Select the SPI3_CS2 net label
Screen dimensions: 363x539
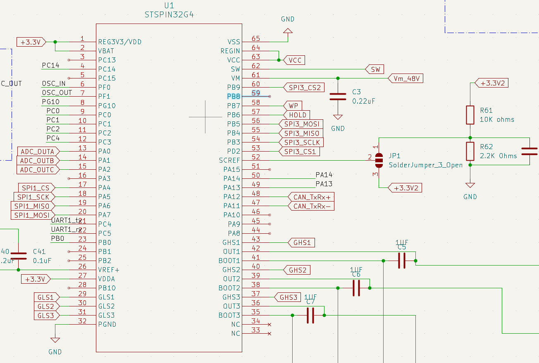click(x=304, y=87)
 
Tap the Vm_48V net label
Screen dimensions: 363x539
click(x=405, y=78)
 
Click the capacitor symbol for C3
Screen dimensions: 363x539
click(x=338, y=97)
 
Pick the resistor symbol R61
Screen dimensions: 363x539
click(x=470, y=115)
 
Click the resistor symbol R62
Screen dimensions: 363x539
click(x=470, y=151)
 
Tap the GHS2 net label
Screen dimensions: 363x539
click(x=297, y=270)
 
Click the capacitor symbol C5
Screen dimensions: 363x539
click(x=401, y=261)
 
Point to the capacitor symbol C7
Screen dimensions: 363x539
click(x=310, y=315)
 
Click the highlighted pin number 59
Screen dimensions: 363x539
click(x=256, y=94)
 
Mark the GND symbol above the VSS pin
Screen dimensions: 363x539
click(x=288, y=30)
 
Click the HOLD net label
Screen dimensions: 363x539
click(x=297, y=115)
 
